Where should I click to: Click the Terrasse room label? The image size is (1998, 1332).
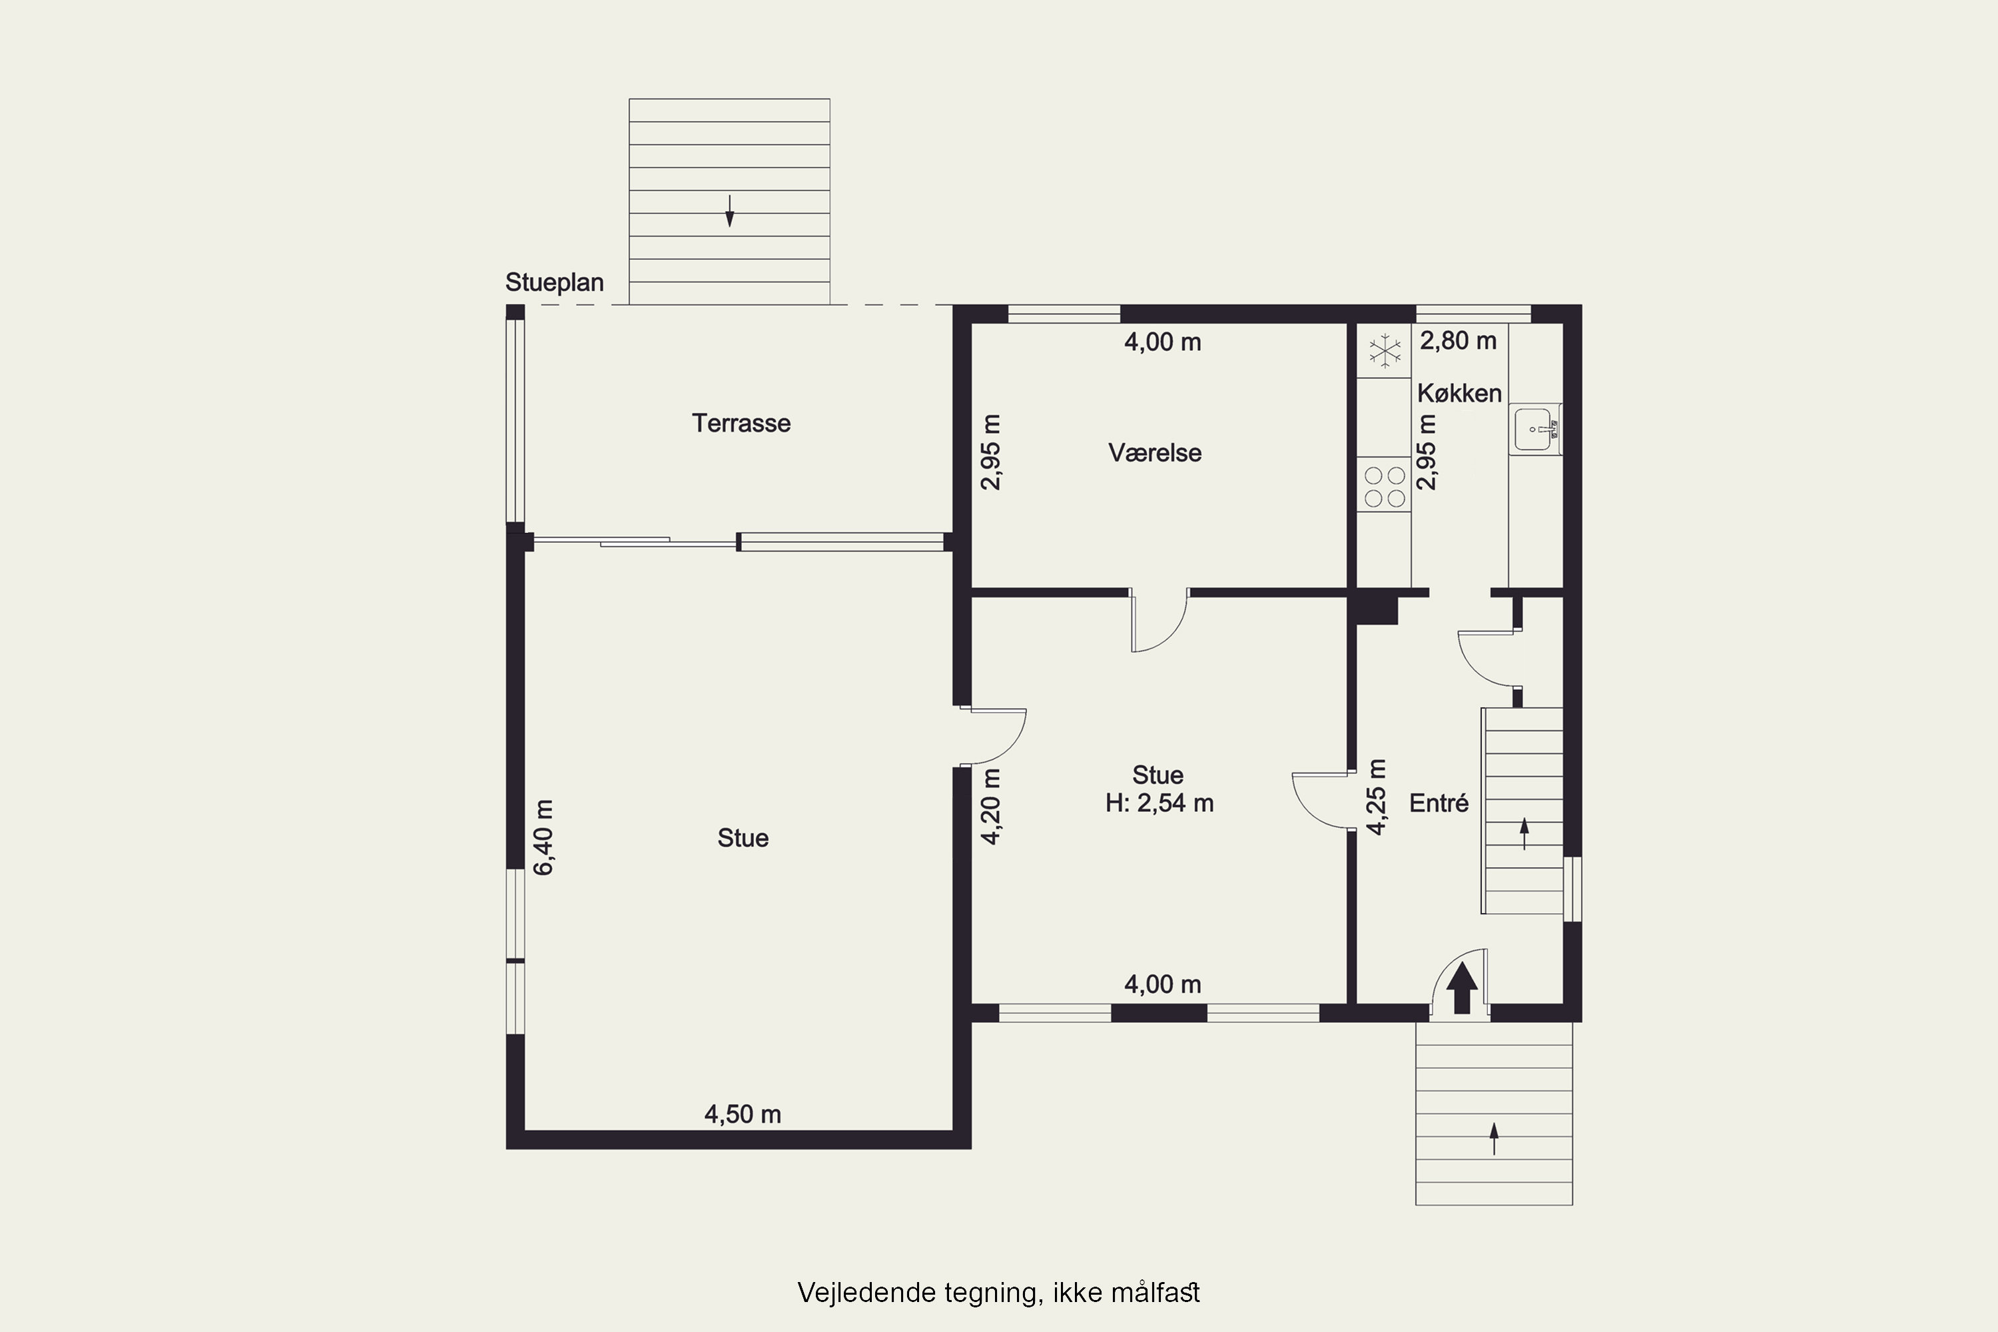[x=741, y=423]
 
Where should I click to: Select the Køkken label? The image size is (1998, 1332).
[x=1459, y=394]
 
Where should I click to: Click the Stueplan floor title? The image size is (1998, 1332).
[x=554, y=282]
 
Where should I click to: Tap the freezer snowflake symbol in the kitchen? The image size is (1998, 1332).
[x=1385, y=351]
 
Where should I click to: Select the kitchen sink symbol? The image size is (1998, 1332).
[x=1535, y=429]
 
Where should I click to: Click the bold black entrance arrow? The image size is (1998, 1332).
[x=1462, y=987]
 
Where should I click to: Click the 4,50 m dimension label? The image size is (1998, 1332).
[x=743, y=1114]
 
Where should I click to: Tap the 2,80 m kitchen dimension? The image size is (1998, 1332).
[x=1458, y=340]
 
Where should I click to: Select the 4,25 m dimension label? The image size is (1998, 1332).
[x=1375, y=797]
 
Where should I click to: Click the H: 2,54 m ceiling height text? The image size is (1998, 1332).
[x=1160, y=803]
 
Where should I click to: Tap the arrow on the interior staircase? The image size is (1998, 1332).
[x=1524, y=833]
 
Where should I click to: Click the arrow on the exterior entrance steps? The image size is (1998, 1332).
[x=1493, y=1139]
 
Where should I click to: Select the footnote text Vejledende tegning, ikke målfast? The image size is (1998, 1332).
[x=998, y=1293]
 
